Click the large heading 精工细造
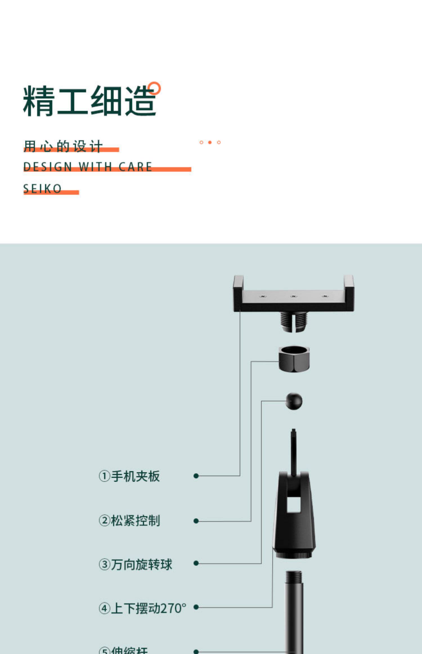(89, 101)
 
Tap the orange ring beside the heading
(154, 88)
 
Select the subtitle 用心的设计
(63, 146)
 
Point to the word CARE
(135, 167)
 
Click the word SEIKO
(42, 189)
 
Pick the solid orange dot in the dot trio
(210, 143)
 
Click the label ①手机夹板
(129, 476)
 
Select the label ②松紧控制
(129, 521)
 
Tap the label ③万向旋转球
(135, 564)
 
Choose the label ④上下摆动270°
(142, 608)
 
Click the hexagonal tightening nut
(294, 359)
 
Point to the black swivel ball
(294, 401)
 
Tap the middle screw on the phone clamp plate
(294, 296)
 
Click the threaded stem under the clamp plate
(294, 321)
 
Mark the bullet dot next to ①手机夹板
(196, 476)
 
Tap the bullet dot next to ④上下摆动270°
(196, 607)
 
